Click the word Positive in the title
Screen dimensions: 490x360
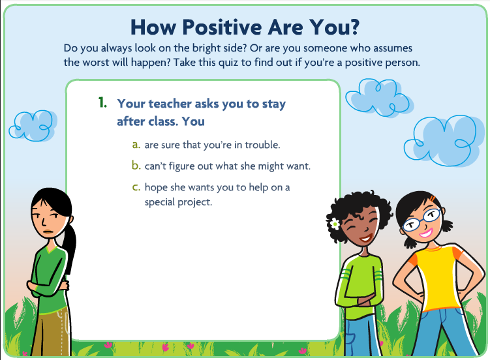click(x=222, y=27)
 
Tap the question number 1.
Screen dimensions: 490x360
click(x=102, y=102)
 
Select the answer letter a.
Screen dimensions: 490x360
click(x=136, y=145)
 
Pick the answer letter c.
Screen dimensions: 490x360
click(x=136, y=187)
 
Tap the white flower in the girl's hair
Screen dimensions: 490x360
click(x=335, y=224)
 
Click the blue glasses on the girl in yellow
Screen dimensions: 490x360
click(x=422, y=219)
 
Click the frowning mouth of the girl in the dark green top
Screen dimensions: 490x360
click(x=48, y=232)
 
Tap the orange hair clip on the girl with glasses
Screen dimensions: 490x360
click(x=433, y=198)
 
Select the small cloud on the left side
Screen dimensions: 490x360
click(x=33, y=125)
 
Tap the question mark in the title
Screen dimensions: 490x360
click(x=352, y=27)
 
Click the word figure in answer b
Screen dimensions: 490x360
click(x=181, y=166)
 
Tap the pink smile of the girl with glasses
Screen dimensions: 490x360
click(x=426, y=233)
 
